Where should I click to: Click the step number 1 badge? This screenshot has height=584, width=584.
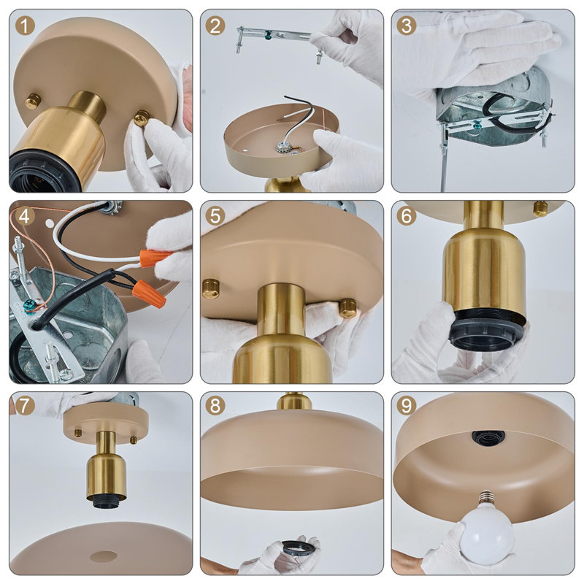click(25, 26)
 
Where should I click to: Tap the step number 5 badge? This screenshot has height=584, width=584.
click(215, 216)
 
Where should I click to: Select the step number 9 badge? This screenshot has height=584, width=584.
click(407, 406)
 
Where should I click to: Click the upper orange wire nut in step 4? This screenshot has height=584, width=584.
click(154, 258)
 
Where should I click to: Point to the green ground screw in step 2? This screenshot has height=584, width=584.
click(266, 36)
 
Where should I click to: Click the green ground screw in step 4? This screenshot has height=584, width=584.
click(29, 304)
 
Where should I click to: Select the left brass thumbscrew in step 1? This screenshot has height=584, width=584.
click(33, 101)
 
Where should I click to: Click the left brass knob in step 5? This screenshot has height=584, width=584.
click(211, 288)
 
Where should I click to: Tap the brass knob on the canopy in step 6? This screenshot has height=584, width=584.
click(540, 209)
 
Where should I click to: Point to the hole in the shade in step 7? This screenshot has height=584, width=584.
click(103, 556)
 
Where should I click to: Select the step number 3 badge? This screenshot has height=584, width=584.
click(407, 26)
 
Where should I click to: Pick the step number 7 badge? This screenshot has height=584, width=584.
click(25, 406)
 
